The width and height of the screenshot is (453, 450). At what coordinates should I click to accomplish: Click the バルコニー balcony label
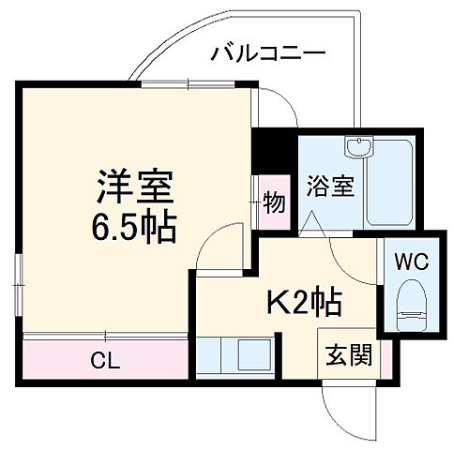pyautogui.click(x=267, y=52)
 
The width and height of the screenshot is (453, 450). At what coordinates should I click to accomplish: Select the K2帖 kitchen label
pyautogui.click(x=305, y=302)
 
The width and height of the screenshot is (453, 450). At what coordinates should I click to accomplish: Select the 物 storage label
pyautogui.click(x=274, y=202)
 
